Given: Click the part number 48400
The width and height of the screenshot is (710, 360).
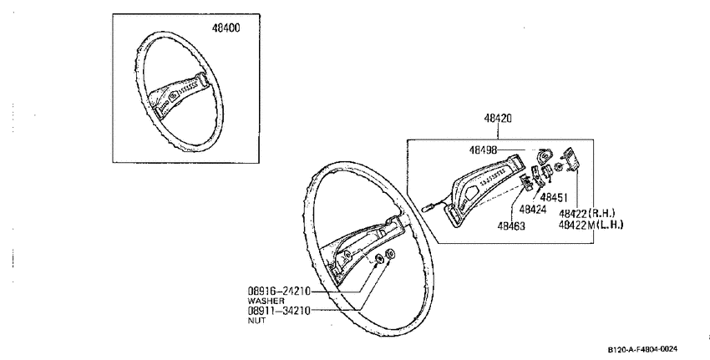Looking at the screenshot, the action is click(226, 28).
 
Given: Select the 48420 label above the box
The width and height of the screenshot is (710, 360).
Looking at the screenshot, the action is click(498, 119).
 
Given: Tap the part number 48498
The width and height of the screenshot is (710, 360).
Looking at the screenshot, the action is click(483, 150).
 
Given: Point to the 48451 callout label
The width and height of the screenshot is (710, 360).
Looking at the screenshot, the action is click(554, 198).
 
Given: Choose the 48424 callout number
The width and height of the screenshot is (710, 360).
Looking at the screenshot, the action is click(533, 210).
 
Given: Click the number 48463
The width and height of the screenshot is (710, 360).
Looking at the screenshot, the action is click(511, 226).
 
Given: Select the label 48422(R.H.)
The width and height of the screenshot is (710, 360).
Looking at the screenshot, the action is click(587, 213).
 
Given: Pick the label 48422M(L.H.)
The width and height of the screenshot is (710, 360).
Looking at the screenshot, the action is click(591, 225).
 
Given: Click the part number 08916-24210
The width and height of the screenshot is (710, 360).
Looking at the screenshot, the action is click(279, 292).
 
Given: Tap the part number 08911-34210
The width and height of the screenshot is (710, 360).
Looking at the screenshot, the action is click(279, 311).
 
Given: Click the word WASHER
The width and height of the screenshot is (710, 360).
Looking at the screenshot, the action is click(266, 302).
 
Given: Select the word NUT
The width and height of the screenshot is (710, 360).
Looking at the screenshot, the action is click(256, 321).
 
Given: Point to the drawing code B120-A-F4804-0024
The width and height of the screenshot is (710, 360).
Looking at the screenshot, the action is click(642, 349).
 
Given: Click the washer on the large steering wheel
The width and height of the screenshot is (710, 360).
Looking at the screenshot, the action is click(379, 259).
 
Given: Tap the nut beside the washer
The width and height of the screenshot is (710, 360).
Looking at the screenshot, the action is click(390, 254).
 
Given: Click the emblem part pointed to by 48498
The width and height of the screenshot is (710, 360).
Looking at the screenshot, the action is click(544, 156).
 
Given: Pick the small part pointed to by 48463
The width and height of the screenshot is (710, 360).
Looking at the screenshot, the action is click(526, 182).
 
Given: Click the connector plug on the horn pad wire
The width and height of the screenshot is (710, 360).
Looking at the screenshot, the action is click(428, 209).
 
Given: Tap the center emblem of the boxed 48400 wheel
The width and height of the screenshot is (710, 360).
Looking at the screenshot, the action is click(173, 97).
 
